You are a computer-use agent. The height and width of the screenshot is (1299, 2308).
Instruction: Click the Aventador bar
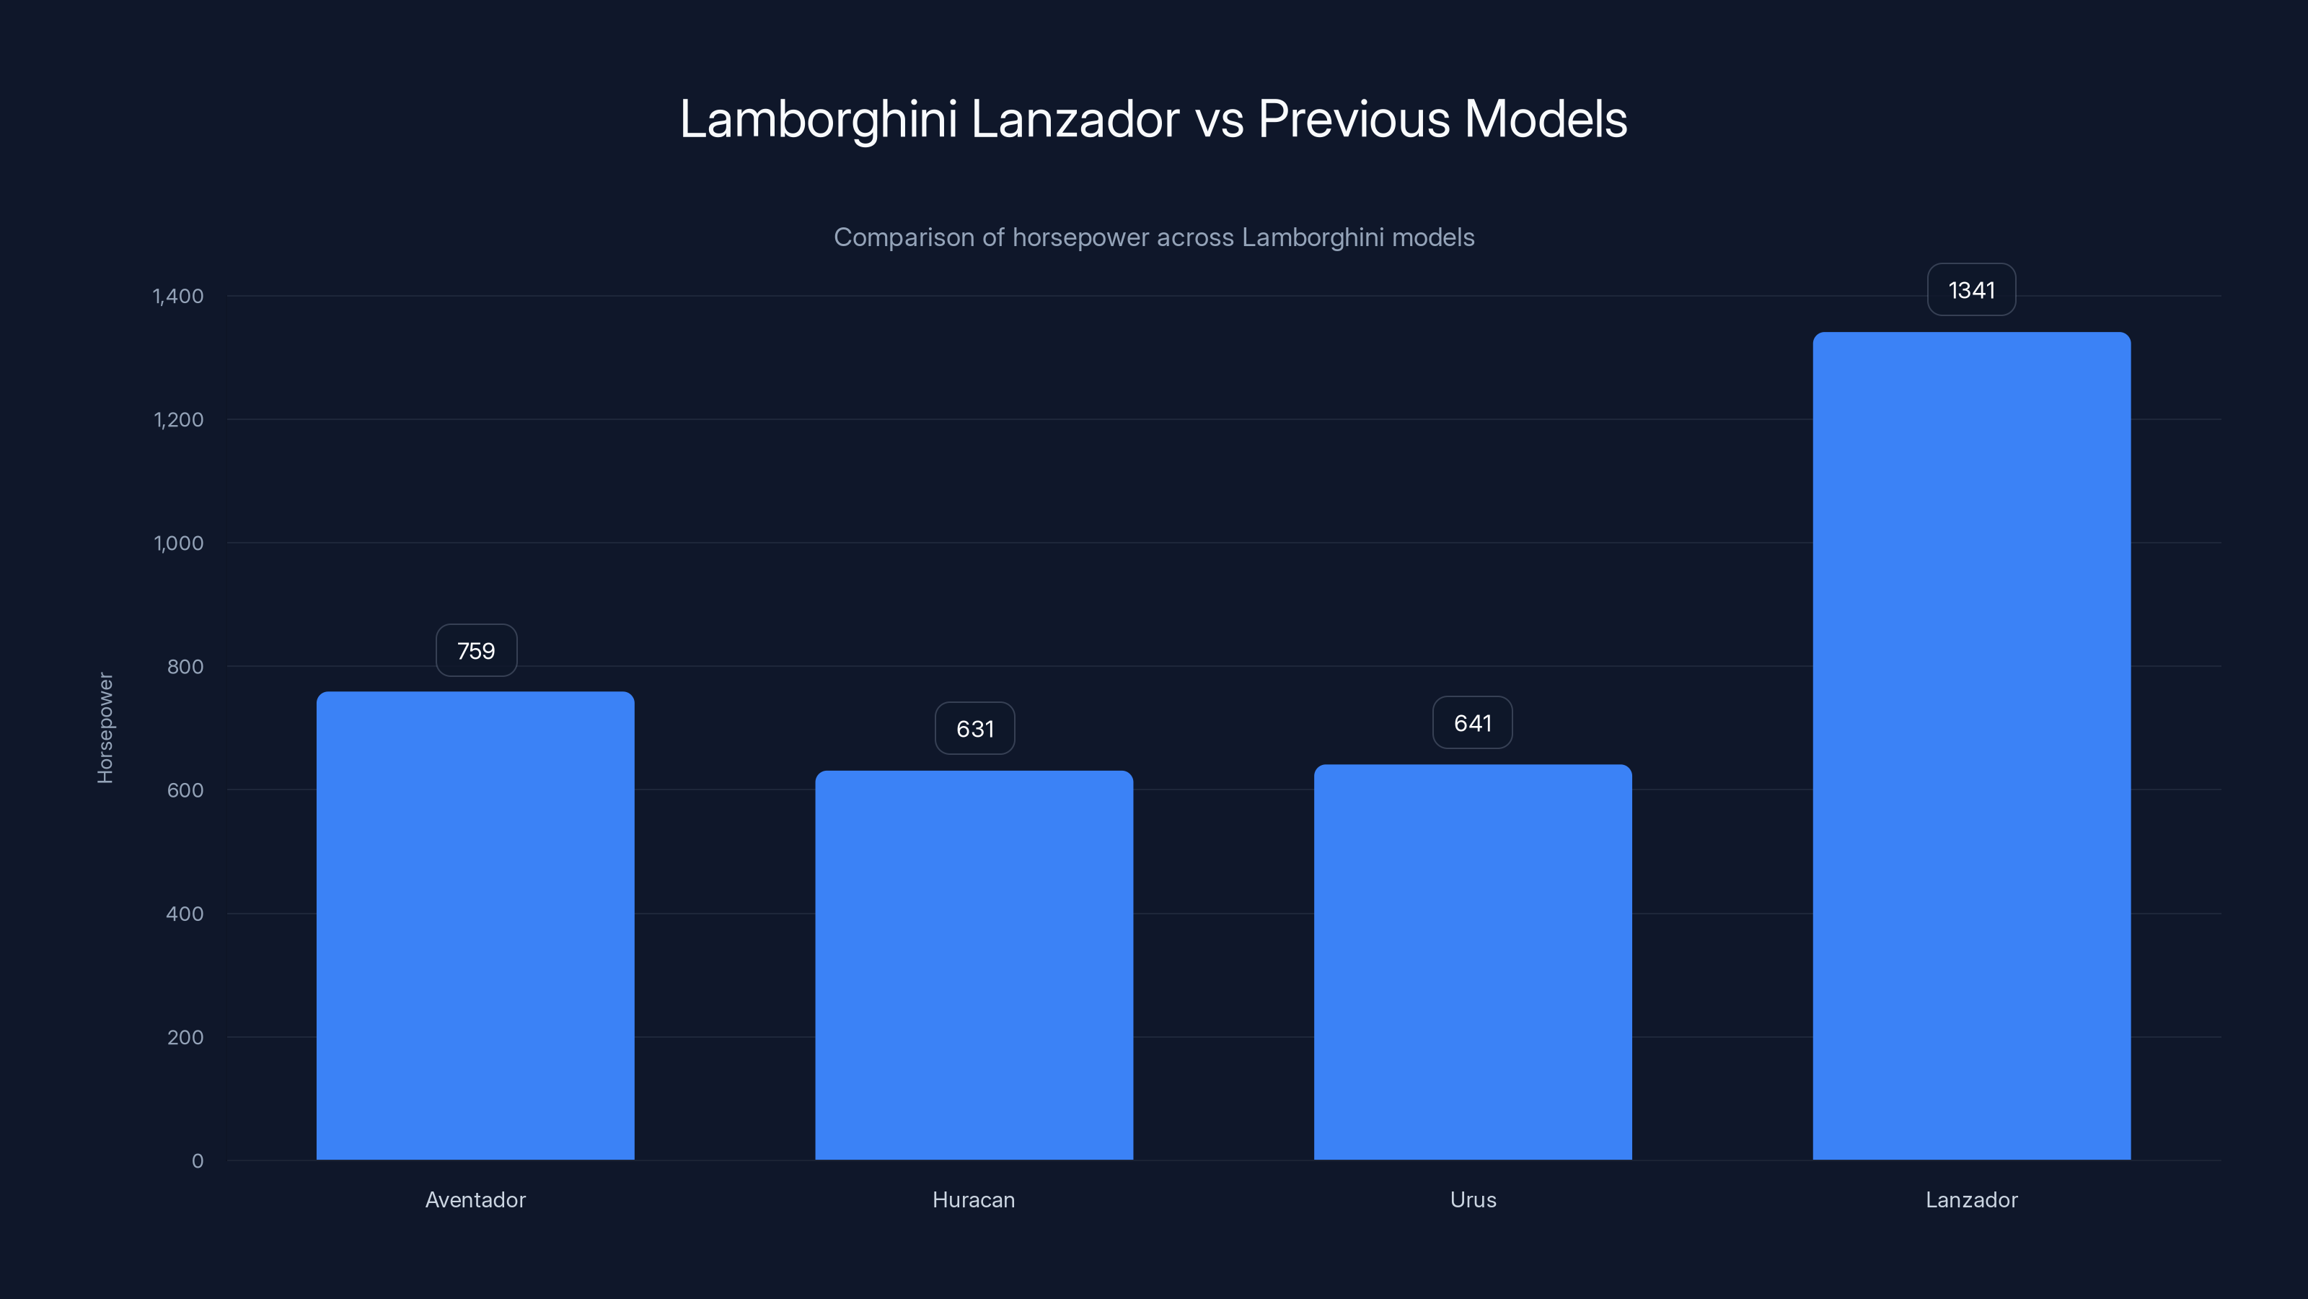coord(475,925)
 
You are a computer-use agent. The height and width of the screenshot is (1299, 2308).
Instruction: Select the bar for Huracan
coord(974,965)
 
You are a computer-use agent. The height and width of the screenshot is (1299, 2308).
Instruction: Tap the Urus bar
coord(1472,962)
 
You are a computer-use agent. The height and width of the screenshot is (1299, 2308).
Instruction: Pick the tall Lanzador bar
coord(1971,746)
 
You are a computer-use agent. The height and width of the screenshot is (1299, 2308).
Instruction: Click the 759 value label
coord(476,651)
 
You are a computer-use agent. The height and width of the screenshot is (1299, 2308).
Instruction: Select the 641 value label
coord(1472,723)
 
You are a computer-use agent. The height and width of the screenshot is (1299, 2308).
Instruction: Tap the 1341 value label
coord(1971,290)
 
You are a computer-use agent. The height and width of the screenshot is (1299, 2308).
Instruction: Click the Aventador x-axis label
coord(475,1199)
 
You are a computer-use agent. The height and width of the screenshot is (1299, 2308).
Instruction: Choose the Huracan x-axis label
coord(974,1199)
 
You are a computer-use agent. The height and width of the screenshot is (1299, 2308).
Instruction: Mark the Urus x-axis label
coord(1473,1199)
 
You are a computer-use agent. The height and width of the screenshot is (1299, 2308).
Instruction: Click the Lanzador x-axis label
coord(1971,1199)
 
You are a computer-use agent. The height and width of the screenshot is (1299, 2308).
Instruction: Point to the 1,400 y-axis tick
coord(178,296)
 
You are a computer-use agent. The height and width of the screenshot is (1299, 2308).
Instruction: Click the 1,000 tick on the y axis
coord(178,543)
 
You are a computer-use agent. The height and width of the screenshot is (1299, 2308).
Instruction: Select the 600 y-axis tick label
coord(185,790)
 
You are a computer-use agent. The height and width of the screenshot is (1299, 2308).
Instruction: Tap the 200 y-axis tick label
coord(185,1037)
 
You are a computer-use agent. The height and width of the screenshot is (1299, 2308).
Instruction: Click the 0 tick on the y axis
coord(197,1161)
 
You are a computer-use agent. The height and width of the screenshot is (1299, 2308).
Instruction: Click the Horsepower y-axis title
coord(105,728)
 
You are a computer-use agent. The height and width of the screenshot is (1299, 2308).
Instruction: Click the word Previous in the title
coord(1353,119)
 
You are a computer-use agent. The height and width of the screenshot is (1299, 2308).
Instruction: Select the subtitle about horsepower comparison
coord(1154,237)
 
